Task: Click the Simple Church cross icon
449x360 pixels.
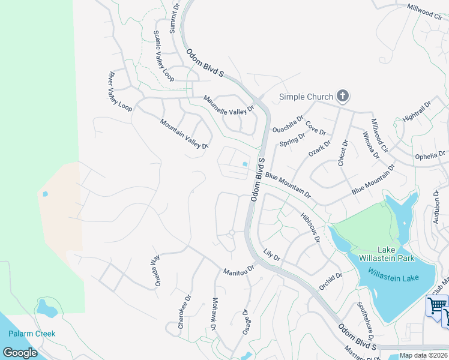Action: [x=343, y=96]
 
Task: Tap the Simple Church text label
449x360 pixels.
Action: [x=306, y=97]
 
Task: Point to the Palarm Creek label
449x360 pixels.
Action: [x=32, y=334]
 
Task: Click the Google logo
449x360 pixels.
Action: [x=20, y=352]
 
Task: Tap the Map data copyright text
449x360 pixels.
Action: [x=423, y=355]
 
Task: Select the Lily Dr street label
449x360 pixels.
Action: [x=272, y=254]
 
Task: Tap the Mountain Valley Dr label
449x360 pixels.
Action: [x=184, y=134]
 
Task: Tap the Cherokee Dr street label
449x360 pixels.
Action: [x=184, y=311]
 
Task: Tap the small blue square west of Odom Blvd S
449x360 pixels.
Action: [x=244, y=164]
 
